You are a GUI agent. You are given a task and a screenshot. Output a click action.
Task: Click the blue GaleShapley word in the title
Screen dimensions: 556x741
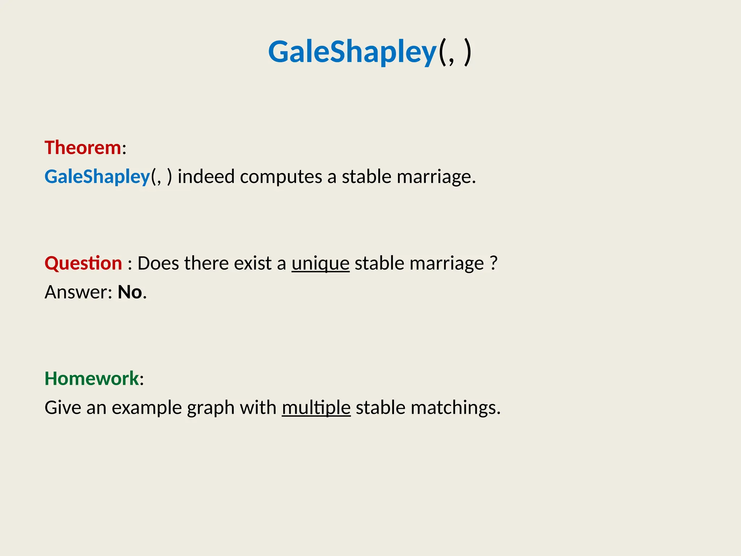click(x=352, y=52)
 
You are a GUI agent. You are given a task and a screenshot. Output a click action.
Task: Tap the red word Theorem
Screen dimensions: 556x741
click(x=83, y=148)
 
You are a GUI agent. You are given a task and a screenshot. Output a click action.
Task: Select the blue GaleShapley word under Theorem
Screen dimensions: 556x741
click(x=97, y=177)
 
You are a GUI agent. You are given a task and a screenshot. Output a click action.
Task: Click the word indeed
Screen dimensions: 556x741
click(x=206, y=177)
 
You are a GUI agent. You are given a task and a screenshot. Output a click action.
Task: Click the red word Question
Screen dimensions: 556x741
click(x=83, y=263)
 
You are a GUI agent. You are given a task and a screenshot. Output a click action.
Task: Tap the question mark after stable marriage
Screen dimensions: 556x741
click(x=494, y=263)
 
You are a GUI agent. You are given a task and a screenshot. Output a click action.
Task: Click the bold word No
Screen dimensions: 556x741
click(x=130, y=292)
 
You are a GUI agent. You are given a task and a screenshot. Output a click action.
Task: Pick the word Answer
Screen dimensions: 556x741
click(x=78, y=292)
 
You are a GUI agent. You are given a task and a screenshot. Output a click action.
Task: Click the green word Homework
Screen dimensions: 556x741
click(x=92, y=379)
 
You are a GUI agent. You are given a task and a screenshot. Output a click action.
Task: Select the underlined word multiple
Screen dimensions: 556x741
click(x=316, y=408)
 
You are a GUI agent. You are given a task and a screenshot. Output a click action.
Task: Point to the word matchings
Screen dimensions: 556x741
click(x=455, y=408)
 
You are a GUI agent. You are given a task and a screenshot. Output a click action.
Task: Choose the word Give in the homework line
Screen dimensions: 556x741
click(x=63, y=408)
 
